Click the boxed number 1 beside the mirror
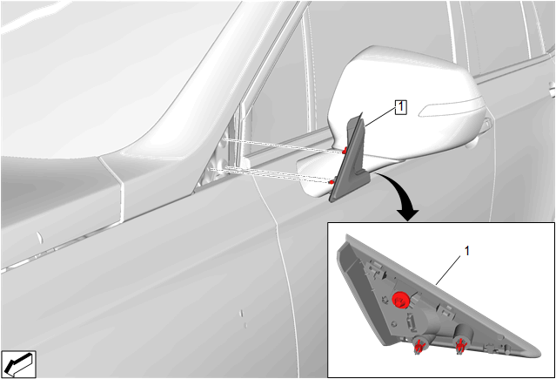click(401, 107)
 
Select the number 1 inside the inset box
click(466, 251)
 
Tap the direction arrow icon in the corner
click(18, 364)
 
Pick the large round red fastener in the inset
click(401, 300)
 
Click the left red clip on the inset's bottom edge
click(419, 346)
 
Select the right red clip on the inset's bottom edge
click(460, 346)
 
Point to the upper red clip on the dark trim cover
click(344, 151)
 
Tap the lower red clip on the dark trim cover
click(332, 182)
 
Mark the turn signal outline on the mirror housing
click(451, 109)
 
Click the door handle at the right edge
click(552, 89)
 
